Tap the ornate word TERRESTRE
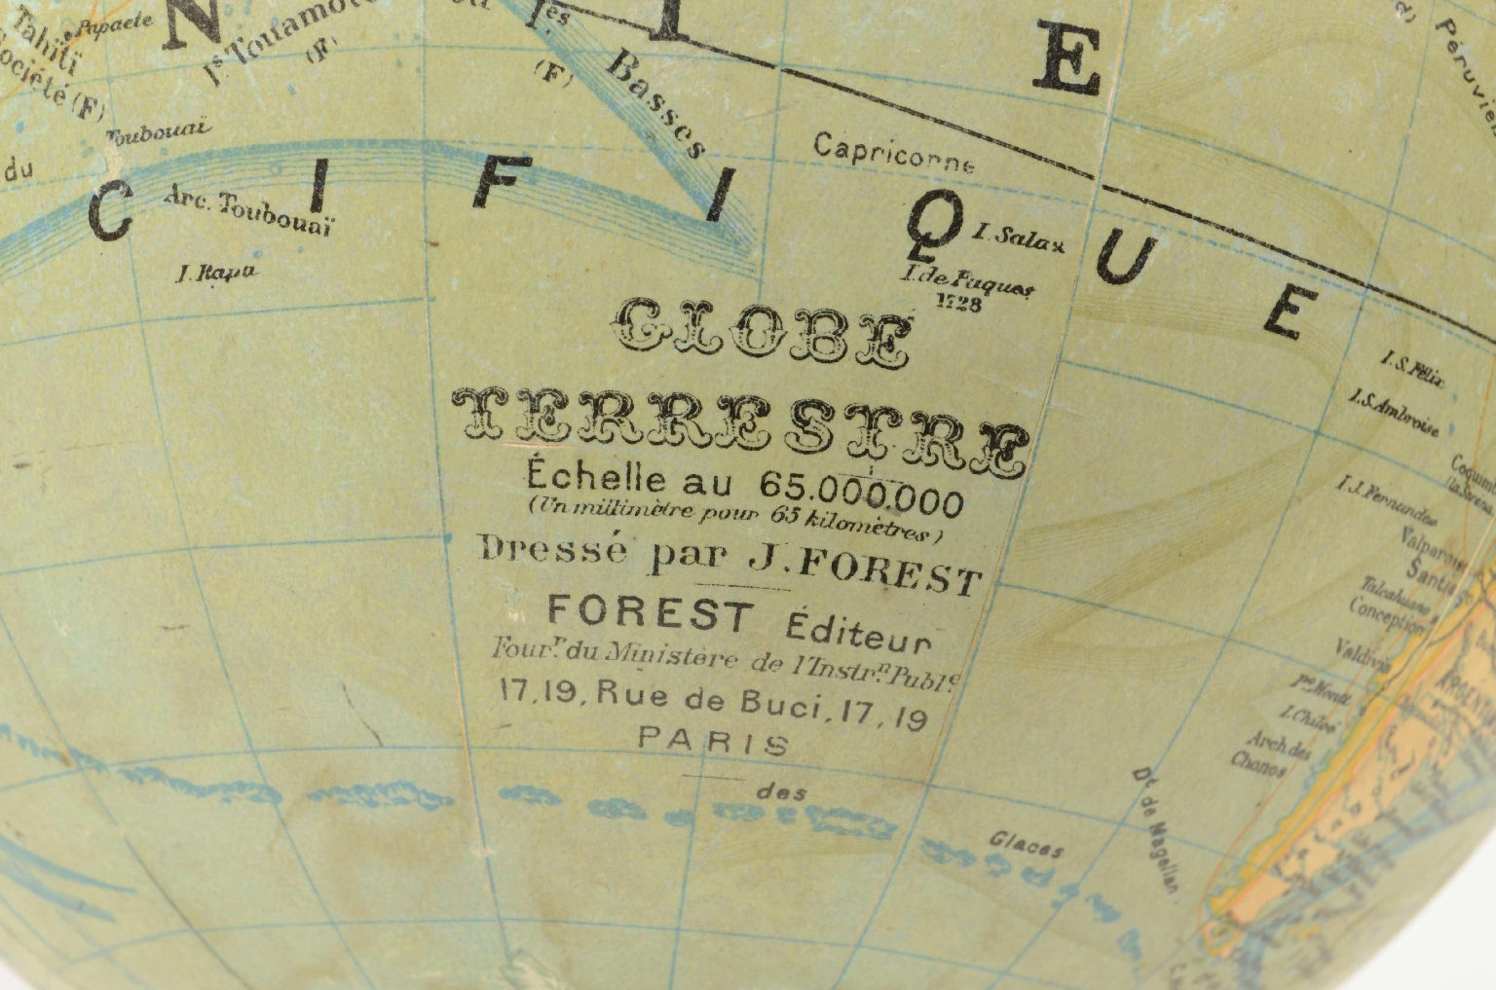(x=741, y=424)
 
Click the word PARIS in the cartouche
(x=713, y=743)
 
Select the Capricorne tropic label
(x=893, y=154)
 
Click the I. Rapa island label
(x=216, y=272)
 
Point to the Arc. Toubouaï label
(x=248, y=212)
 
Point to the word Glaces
(x=1026, y=844)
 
